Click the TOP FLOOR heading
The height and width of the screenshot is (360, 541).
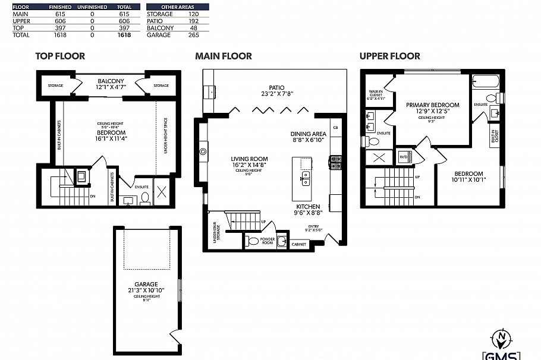pos(60,56)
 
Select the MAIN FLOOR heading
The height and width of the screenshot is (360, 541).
pos(224,56)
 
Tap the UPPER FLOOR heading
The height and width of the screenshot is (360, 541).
pos(389,56)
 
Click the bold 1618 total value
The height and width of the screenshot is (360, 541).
pos(124,35)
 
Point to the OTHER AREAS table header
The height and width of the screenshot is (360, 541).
pos(178,7)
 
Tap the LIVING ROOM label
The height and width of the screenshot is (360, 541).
pos(250,159)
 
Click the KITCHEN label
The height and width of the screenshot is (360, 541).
pos(309,207)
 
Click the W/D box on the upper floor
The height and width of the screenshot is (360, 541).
pos(404,157)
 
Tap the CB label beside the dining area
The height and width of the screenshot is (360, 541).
pos(335,128)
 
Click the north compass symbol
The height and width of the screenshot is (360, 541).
pos(502,338)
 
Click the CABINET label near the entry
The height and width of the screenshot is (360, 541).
pos(299,244)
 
